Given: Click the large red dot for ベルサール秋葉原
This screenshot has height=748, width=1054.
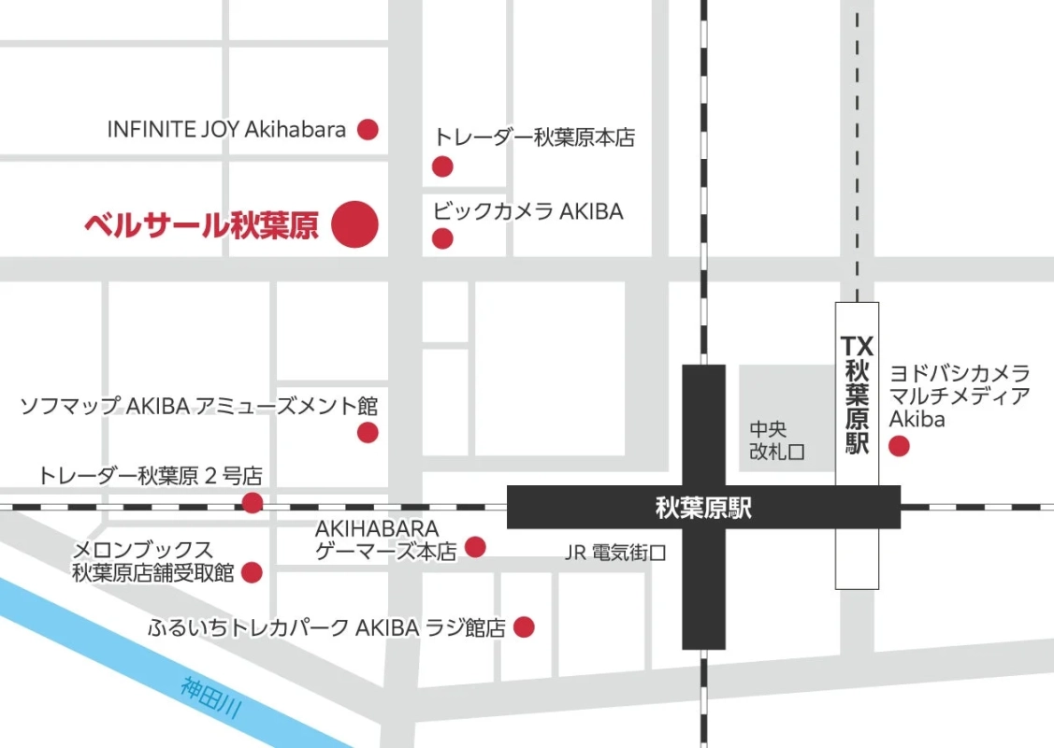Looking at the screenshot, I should click(x=354, y=224).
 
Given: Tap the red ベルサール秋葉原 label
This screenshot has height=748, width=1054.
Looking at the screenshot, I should click(x=201, y=225).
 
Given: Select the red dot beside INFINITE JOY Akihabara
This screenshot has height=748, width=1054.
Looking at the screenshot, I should click(x=368, y=130).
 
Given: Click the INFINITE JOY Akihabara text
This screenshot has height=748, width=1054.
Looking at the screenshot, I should click(x=226, y=130).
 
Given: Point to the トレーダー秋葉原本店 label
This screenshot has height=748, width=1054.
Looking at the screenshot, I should click(x=534, y=138).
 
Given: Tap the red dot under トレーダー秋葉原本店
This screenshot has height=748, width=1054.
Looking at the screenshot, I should click(x=442, y=167).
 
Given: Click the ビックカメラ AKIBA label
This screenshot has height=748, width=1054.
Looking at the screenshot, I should click(x=527, y=211).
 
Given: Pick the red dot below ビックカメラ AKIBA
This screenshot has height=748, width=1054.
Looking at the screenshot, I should click(x=442, y=239).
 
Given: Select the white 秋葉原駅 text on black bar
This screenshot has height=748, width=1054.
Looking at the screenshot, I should click(x=703, y=509).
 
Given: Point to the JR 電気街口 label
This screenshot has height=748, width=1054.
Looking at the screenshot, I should click(x=615, y=553).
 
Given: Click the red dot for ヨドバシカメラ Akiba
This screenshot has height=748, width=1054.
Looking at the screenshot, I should click(x=899, y=447).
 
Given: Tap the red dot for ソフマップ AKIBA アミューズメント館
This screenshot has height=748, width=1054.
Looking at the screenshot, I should click(x=368, y=433).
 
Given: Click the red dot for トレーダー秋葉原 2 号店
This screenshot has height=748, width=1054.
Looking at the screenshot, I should click(x=253, y=504).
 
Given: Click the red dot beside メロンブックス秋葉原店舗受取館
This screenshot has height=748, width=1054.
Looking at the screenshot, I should click(x=252, y=572).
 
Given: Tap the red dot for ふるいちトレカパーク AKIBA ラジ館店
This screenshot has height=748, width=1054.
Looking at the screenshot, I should click(x=525, y=627).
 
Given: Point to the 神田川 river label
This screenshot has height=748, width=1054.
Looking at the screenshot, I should click(x=212, y=698).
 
